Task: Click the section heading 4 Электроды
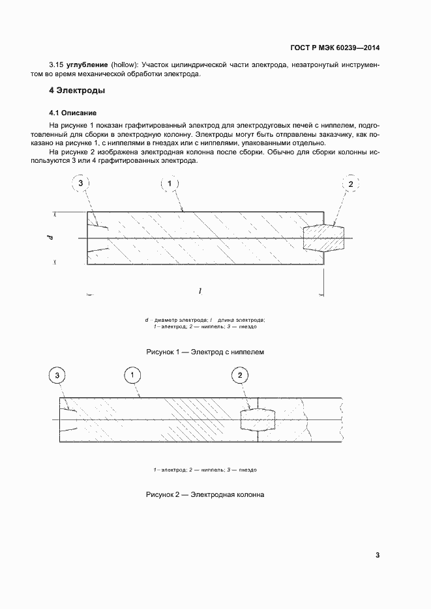(x=77, y=91)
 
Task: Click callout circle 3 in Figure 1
(x=81, y=184)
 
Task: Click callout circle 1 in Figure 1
(x=170, y=184)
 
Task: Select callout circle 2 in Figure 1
(x=350, y=184)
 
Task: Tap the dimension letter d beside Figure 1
(x=50, y=238)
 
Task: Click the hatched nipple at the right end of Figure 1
(x=324, y=238)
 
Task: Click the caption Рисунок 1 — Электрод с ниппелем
(x=205, y=352)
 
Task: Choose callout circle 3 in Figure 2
(x=59, y=376)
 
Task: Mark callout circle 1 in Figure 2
(x=133, y=376)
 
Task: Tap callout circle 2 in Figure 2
(x=240, y=376)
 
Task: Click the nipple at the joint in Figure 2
(x=258, y=420)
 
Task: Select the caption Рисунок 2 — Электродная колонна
(x=205, y=495)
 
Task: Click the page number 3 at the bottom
(x=377, y=555)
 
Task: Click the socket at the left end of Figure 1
(x=98, y=238)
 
